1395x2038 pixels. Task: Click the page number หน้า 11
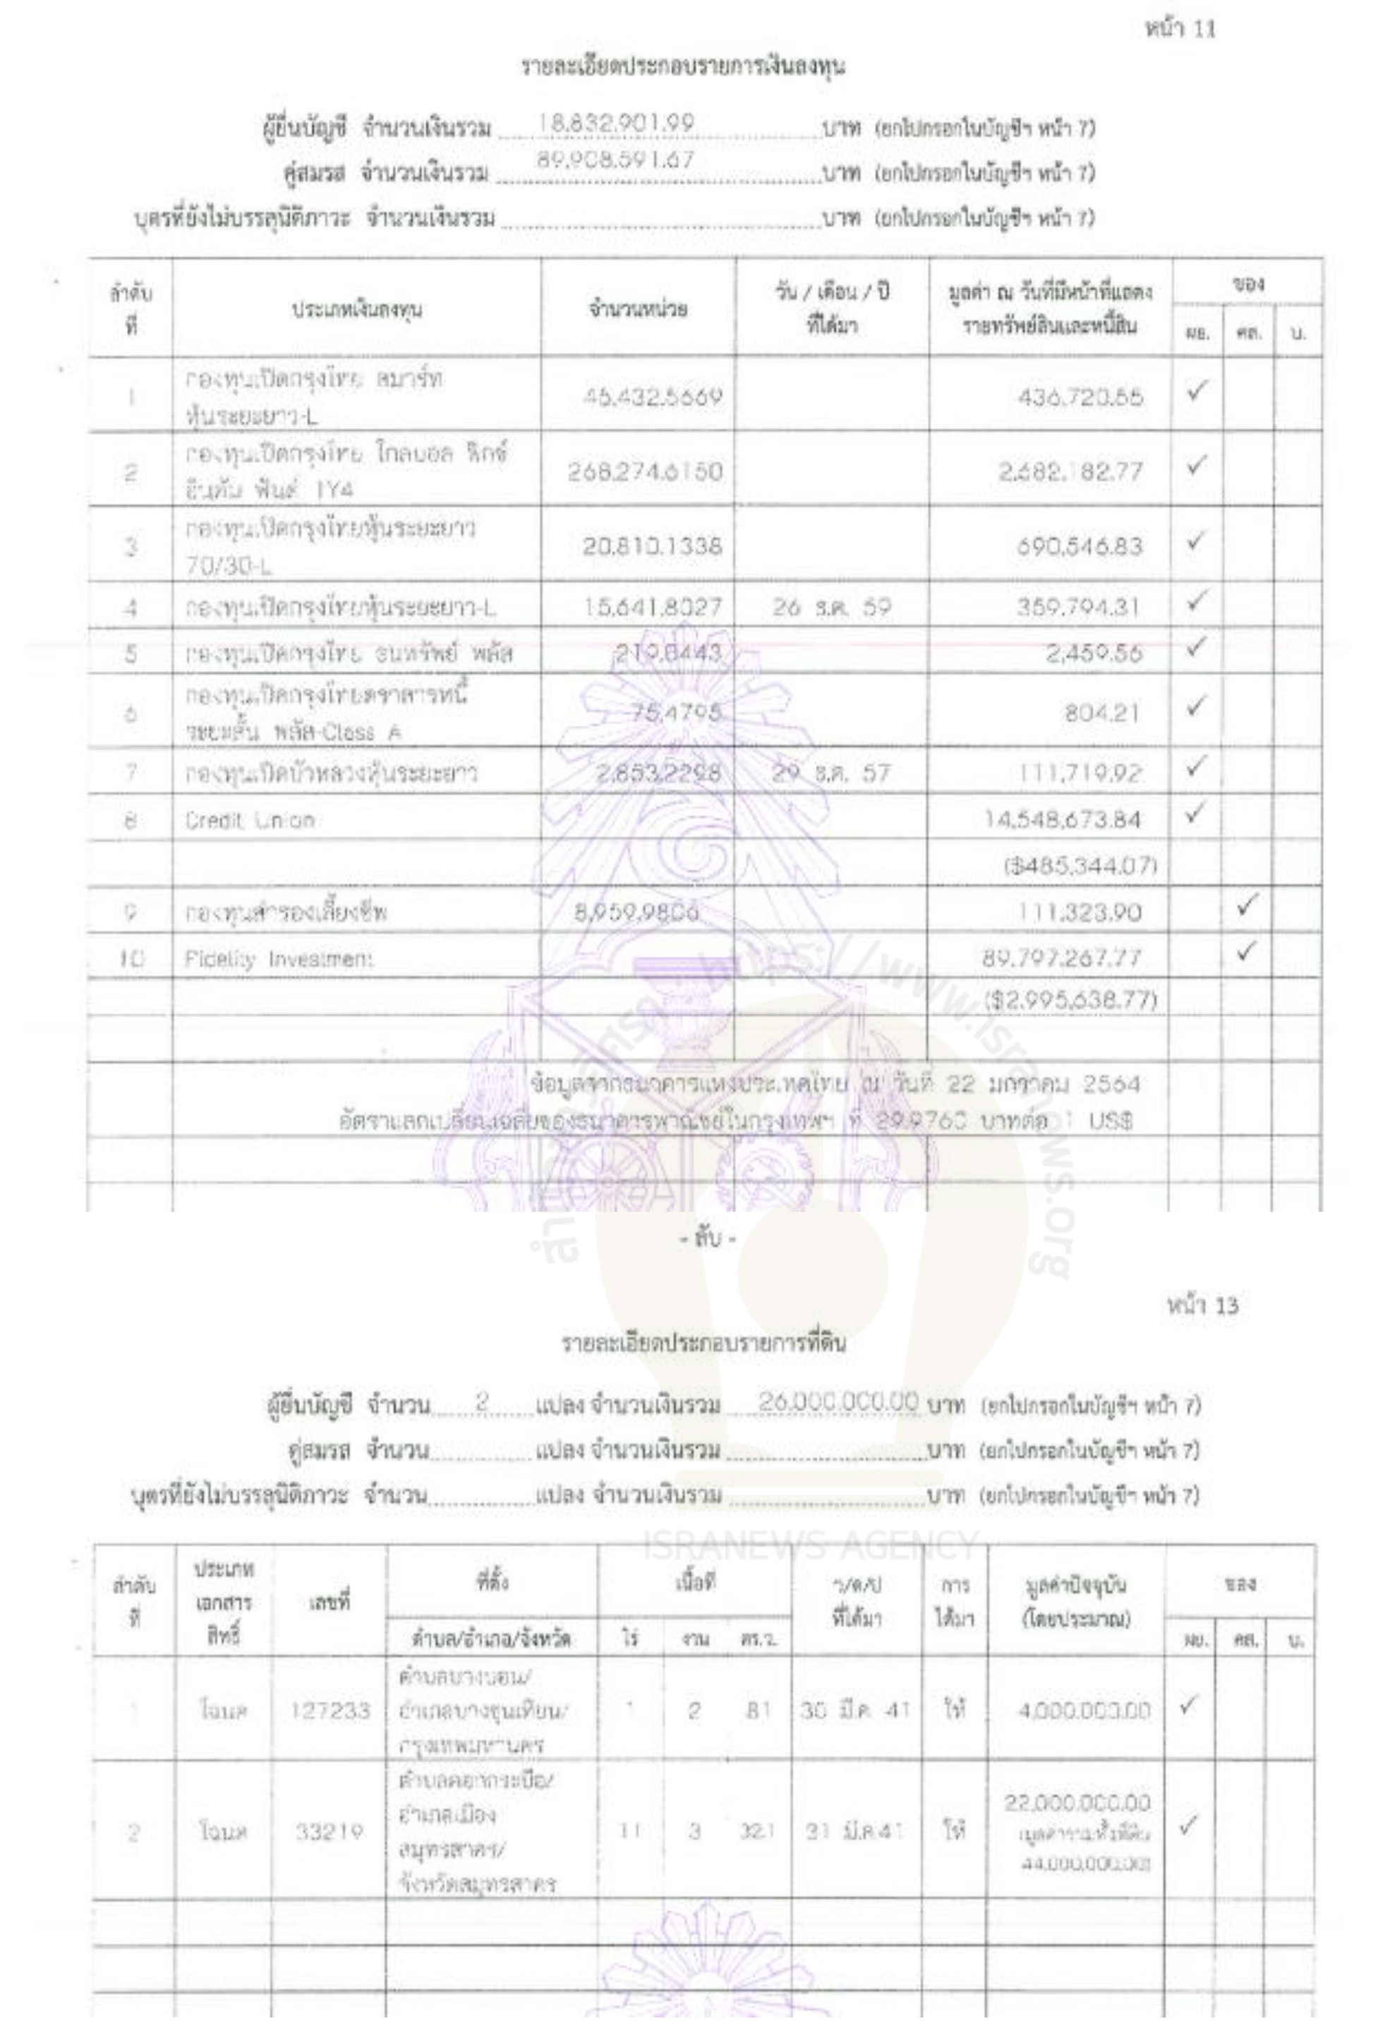pos(1180,29)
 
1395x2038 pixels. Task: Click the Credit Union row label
pos(249,821)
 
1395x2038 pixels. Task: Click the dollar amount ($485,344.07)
pos(1080,867)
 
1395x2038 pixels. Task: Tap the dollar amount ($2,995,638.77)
pos(1070,1000)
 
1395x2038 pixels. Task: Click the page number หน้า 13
pos(1202,1306)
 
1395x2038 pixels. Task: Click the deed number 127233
pos(330,1710)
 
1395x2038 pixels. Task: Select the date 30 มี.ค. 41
pos(857,1709)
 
